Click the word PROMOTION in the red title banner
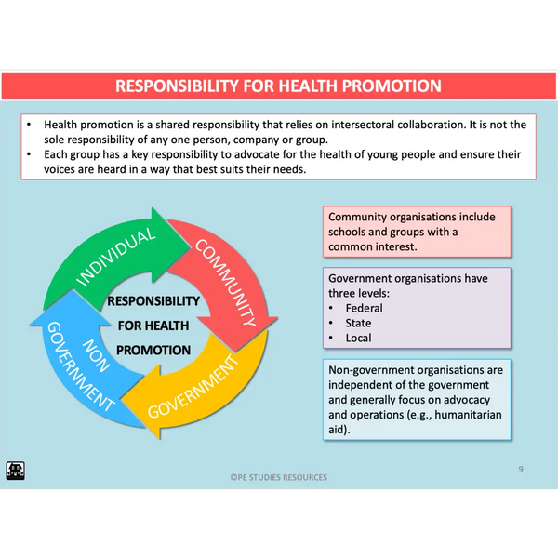coord(392,86)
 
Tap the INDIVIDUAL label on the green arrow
coord(116,257)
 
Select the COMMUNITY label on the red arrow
coord(226,282)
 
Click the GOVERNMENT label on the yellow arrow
coord(193,387)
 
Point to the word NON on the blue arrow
coord(96,355)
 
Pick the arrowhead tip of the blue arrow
coord(73,290)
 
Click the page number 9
coord(521,470)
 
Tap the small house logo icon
coord(15,471)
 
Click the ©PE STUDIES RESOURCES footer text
coord(279,477)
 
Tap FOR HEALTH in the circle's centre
coord(153,325)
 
